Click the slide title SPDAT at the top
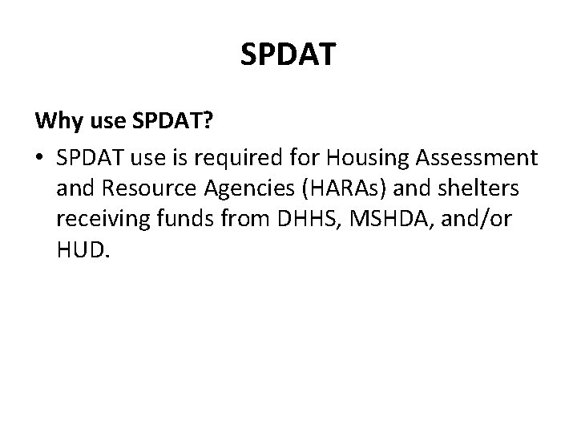pos(288,56)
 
